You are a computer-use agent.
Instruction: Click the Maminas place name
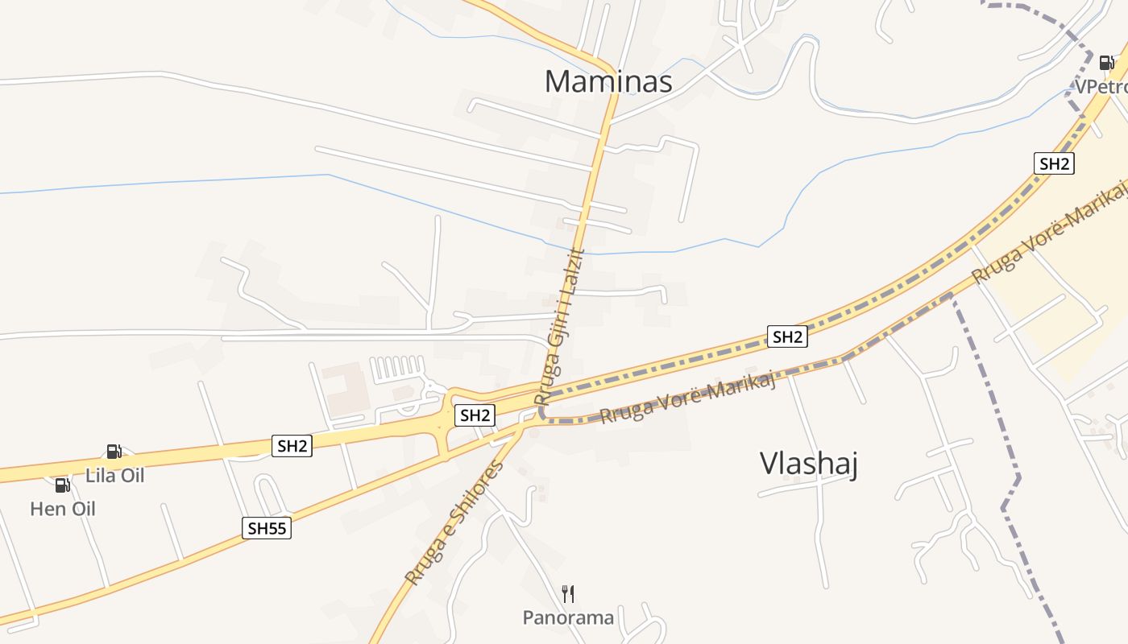608,81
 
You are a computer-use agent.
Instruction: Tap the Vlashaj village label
808,464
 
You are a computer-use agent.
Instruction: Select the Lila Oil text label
115,476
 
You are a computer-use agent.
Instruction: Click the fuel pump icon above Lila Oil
114,452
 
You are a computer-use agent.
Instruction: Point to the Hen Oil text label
63,509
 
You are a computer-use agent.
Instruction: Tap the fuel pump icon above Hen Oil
62,485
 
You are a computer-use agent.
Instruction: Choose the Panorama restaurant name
568,618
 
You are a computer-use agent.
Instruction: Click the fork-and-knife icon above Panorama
568,594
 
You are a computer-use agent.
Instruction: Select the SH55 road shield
267,528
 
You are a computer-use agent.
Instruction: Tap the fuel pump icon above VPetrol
1106,63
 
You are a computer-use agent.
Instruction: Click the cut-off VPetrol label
1101,87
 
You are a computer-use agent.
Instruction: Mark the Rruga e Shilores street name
454,523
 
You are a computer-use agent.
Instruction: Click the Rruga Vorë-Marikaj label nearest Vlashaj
687,400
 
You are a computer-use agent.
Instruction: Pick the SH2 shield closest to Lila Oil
292,446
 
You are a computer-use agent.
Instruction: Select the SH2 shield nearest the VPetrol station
1054,163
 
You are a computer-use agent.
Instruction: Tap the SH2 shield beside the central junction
474,415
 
